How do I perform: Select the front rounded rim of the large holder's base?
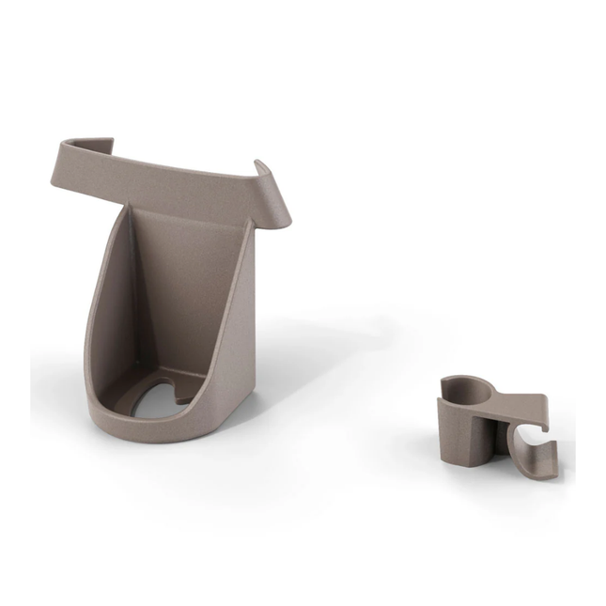point(141,428)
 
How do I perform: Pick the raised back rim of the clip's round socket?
point(470,380)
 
